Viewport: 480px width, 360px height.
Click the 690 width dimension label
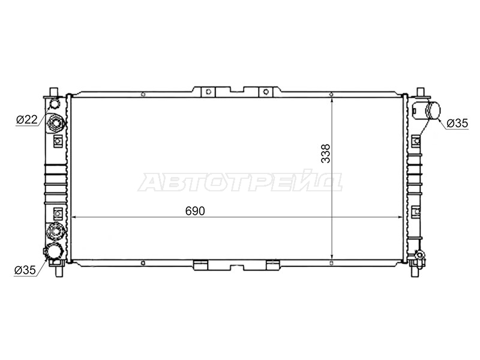click(195, 211)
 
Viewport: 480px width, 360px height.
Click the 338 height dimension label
click(326, 154)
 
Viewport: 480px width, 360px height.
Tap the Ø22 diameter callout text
click(27, 119)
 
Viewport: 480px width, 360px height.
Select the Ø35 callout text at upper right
click(457, 123)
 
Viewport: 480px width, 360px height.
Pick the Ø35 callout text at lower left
click(25, 270)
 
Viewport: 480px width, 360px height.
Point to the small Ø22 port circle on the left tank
click(55, 104)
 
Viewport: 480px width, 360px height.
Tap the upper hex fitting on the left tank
click(56, 124)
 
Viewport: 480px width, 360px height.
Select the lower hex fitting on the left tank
click(56, 230)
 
